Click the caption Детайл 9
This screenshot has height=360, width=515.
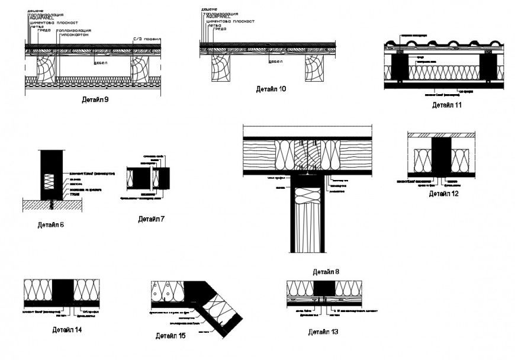click(x=95, y=99)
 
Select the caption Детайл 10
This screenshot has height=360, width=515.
click(x=271, y=89)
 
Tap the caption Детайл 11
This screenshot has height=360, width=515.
click(x=446, y=105)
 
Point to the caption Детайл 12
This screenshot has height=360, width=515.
click(x=444, y=193)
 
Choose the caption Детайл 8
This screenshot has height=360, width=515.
click(x=326, y=272)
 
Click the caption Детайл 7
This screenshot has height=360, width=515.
click(x=152, y=219)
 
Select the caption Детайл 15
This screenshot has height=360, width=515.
click(x=171, y=336)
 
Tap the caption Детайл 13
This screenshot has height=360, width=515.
click(x=323, y=332)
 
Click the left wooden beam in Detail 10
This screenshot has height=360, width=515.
click(x=221, y=68)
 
